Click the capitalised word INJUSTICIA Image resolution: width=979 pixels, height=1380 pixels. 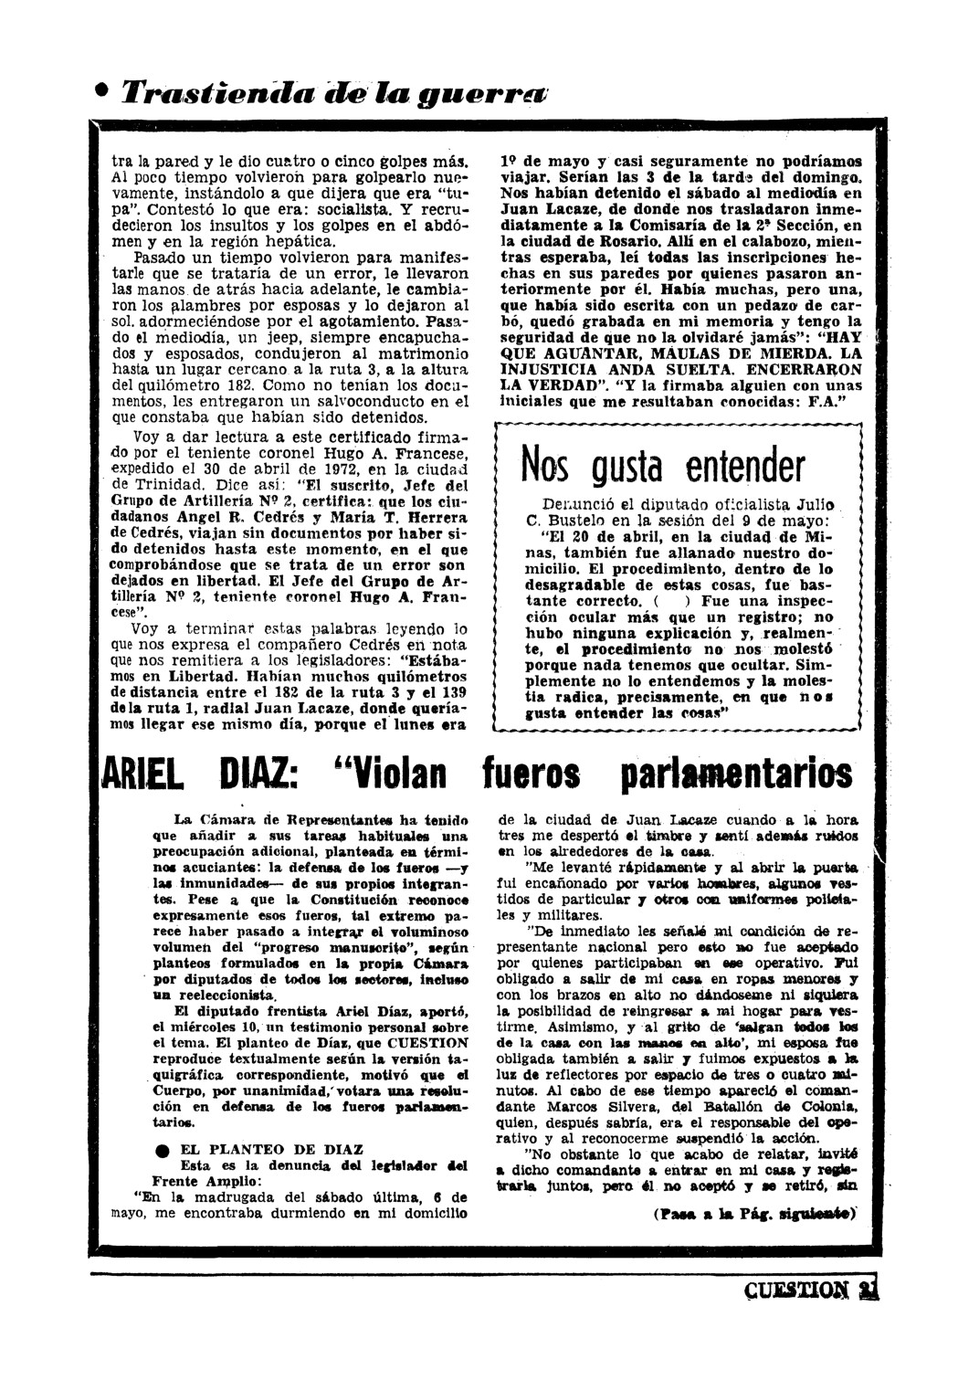coord(550,371)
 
